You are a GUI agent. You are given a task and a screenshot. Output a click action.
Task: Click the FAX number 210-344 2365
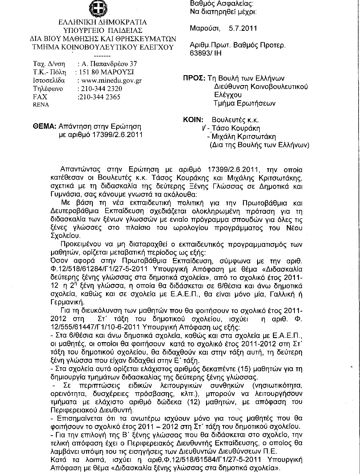point(99,97)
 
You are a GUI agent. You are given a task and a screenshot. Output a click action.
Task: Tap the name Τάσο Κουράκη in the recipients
point(240,128)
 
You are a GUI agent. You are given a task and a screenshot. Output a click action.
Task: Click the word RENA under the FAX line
point(41,105)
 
